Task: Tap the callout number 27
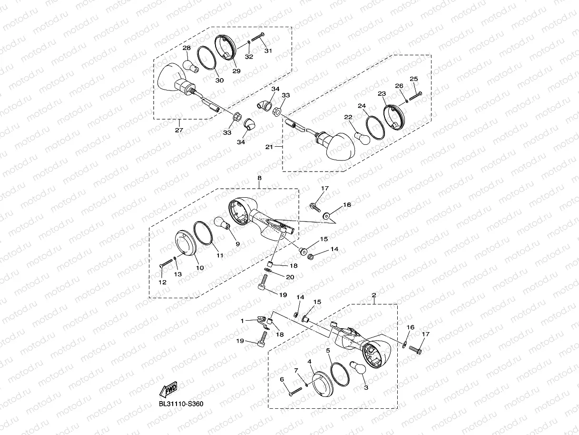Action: pos(179,130)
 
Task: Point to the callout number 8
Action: pos(259,178)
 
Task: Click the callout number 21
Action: pos(269,147)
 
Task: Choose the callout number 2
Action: pos(374,295)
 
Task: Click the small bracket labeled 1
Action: pos(261,321)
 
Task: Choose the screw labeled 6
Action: pos(295,390)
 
